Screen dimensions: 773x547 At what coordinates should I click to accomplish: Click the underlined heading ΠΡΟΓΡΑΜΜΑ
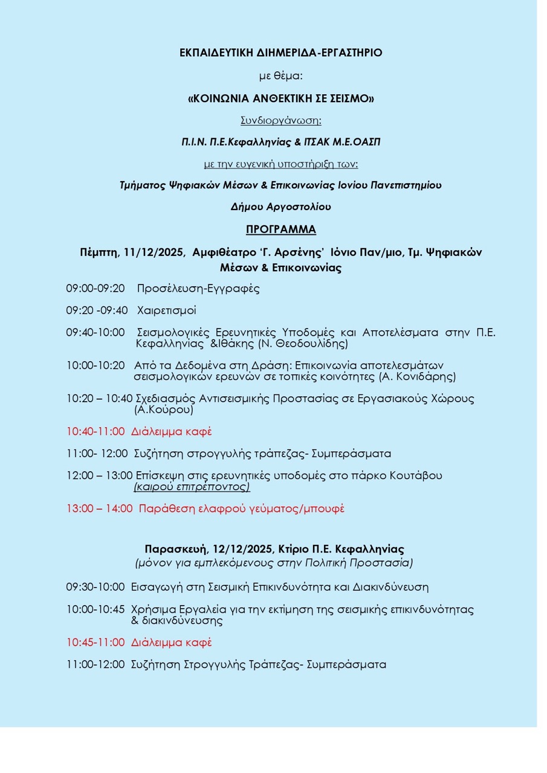[281, 229]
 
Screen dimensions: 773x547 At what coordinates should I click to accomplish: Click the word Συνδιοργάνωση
[280, 120]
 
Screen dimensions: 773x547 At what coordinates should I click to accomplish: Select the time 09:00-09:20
[95, 289]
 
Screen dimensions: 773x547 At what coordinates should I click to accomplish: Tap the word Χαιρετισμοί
[166, 311]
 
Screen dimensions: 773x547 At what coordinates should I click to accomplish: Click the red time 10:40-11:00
[95, 432]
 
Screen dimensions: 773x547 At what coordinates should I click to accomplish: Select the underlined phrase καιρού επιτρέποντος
[192, 487]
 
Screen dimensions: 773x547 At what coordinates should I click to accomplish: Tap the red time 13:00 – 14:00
[99, 508]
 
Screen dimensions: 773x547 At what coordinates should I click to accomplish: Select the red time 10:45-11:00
[95, 643]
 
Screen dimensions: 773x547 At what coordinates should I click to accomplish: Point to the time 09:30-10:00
[95, 587]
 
